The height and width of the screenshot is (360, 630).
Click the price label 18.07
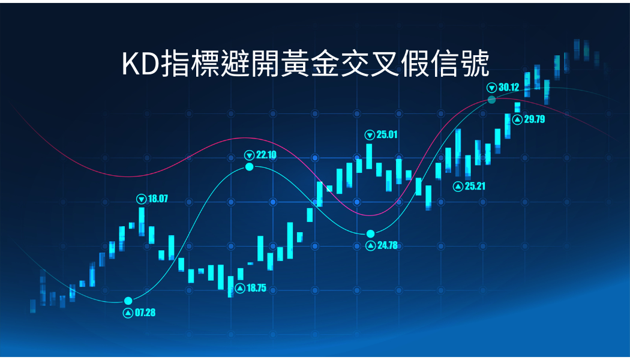pyautogui.click(x=158, y=199)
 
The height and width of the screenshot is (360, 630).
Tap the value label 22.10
pyautogui.click(x=266, y=155)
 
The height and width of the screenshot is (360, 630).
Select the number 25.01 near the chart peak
pyautogui.click(x=387, y=134)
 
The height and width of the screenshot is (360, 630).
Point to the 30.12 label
pyautogui.click(x=509, y=87)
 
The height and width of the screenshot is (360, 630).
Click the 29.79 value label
pyautogui.click(x=535, y=119)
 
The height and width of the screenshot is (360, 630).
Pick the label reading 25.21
pyautogui.click(x=475, y=186)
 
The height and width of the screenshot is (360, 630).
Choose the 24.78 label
pyautogui.click(x=388, y=245)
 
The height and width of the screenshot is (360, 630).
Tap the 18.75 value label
pyautogui.click(x=256, y=288)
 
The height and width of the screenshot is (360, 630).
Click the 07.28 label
pyautogui.click(x=145, y=313)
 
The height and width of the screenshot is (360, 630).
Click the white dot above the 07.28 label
pyautogui.click(x=128, y=301)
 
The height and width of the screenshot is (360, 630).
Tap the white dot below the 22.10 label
pyautogui.click(x=250, y=167)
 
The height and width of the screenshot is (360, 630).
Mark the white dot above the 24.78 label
pyautogui.click(x=370, y=234)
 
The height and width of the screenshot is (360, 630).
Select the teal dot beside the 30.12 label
pyautogui.click(x=492, y=100)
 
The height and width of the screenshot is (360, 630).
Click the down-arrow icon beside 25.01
pyautogui.click(x=370, y=135)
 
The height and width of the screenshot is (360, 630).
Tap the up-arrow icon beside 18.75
pyautogui.click(x=240, y=288)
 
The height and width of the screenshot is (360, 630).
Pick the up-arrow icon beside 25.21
pyautogui.click(x=458, y=187)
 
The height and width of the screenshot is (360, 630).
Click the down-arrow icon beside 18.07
pyautogui.click(x=141, y=199)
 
